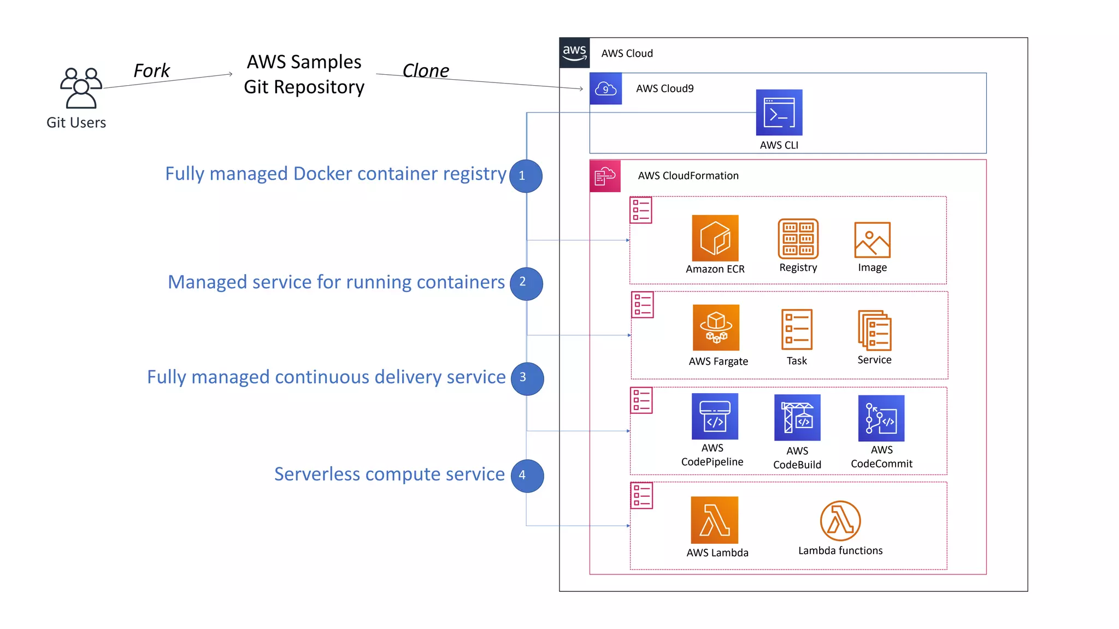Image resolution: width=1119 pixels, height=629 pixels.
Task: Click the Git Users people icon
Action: click(x=81, y=88)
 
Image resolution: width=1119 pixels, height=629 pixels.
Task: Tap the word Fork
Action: click(x=151, y=70)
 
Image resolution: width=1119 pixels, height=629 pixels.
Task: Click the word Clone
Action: click(x=425, y=70)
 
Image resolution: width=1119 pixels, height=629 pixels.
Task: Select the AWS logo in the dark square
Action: click(x=574, y=53)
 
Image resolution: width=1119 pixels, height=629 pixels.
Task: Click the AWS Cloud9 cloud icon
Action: click(x=605, y=88)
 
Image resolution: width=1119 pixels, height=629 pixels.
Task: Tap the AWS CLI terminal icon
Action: click(x=779, y=112)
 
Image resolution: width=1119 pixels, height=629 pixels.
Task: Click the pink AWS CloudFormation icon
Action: click(x=605, y=176)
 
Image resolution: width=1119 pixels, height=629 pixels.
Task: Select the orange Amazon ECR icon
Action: click(x=715, y=238)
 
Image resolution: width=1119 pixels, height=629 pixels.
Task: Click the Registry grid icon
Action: click(x=798, y=239)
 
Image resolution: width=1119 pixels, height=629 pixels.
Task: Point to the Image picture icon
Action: click(x=872, y=240)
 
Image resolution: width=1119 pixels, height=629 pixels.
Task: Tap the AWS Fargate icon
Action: click(x=716, y=328)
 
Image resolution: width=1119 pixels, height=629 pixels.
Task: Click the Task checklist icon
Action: click(x=797, y=329)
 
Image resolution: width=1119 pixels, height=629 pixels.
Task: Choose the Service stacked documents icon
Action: click(x=874, y=330)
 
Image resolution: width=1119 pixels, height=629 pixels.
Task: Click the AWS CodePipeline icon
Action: click(x=715, y=417)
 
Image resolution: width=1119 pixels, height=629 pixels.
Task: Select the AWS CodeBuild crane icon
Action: click(x=797, y=418)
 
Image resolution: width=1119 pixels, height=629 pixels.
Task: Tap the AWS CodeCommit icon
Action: click(x=881, y=418)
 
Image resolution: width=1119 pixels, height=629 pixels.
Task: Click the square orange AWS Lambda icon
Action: click(x=714, y=520)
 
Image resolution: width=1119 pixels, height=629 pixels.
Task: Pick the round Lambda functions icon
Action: click(x=840, y=521)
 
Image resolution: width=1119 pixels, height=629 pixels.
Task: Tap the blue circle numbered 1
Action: click(x=526, y=176)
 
